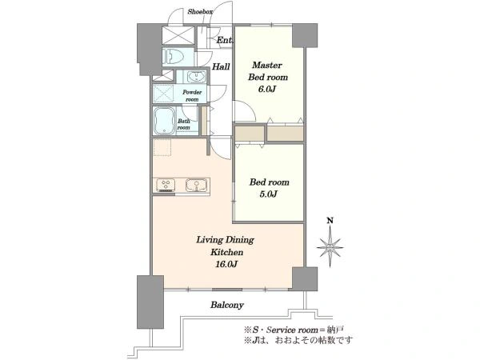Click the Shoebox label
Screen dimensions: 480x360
[x=200, y=12]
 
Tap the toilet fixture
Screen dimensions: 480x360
[x=174, y=57]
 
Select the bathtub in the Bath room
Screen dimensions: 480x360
[x=164, y=121]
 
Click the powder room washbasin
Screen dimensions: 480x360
[x=195, y=76]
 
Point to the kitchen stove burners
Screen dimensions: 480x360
[x=166, y=186]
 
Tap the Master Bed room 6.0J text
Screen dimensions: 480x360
[x=267, y=77]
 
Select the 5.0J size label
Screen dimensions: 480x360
[x=269, y=194]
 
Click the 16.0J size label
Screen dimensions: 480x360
[x=226, y=264]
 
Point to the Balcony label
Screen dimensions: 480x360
[x=227, y=305]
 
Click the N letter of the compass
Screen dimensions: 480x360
[x=330, y=221]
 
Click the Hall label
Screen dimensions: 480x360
[x=221, y=66]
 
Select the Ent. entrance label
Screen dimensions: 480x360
[x=225, y=40]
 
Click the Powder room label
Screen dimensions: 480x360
[x=192, y=95]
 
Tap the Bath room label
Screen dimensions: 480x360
[x=184, y=124]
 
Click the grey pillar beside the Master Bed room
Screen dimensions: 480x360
[x=305, y=35]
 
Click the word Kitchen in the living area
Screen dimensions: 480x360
[x=226, y=252]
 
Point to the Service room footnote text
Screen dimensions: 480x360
[x=294, y=330]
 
